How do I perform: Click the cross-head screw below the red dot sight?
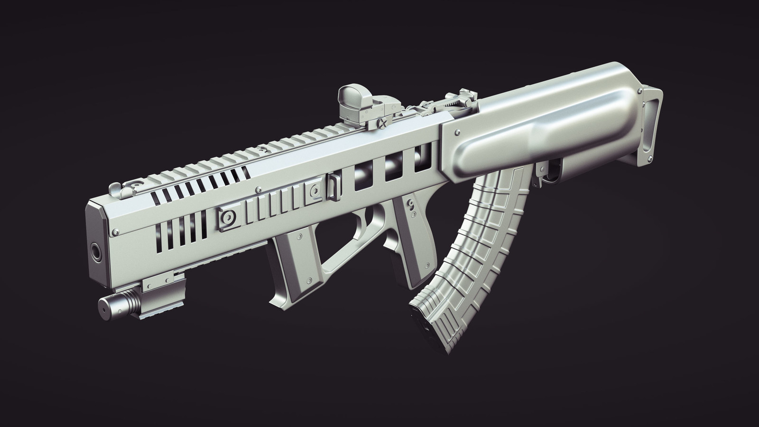[382, 124]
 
